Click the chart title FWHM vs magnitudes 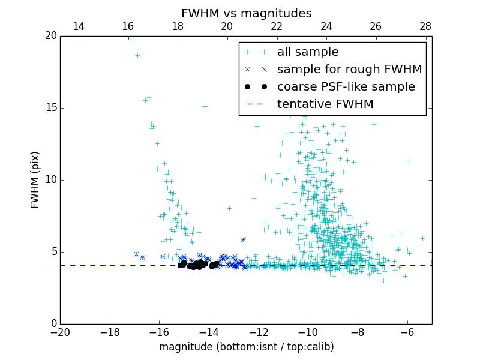click(246, 13)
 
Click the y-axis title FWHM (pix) click(35, 180)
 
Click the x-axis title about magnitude click(246, 347)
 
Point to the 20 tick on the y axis click(50, 36)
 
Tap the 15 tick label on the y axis click(50, 108)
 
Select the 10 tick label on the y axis click(50, 180)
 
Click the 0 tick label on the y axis click(53, 324)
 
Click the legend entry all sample click(308, 52)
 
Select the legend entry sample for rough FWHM click(349, 69)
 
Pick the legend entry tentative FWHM click(325, 104)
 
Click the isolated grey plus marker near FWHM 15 click(205, 106)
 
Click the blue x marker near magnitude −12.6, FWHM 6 click(243, 239)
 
